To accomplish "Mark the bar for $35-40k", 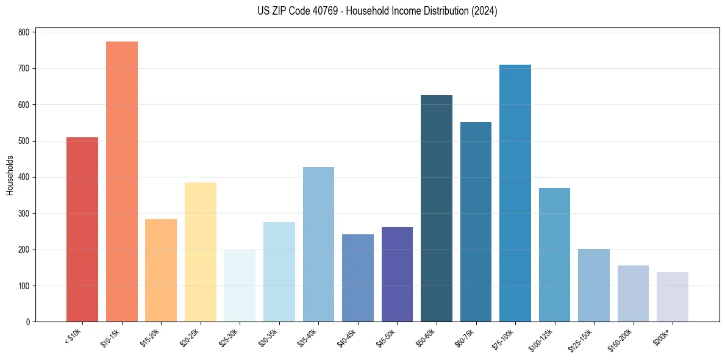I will [x=318, y=245].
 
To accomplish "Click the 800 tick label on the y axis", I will [x=24, y=32].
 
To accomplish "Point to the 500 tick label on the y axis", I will [x=24, y=141].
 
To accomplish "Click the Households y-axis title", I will [x=10, y=176].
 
